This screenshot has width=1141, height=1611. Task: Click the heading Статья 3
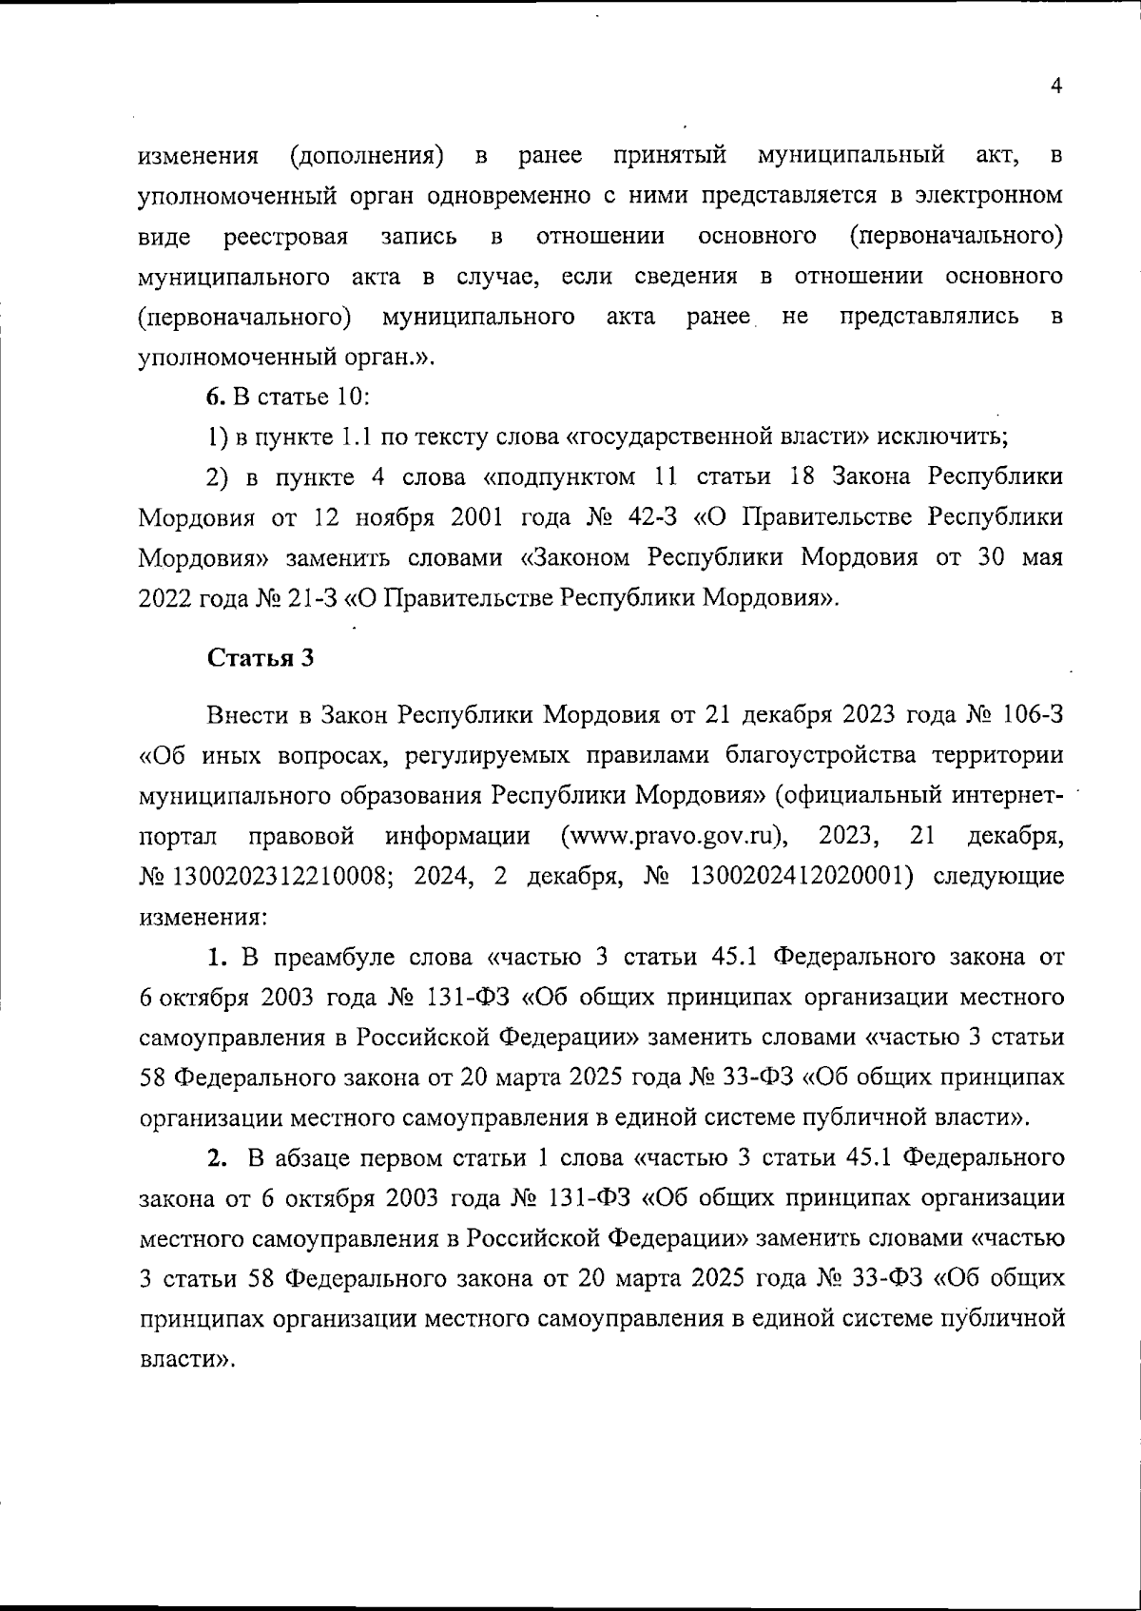pos(261,658)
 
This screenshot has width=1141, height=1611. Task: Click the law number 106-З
pos(1028,715)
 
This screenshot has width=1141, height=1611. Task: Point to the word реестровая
pos(285,236)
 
